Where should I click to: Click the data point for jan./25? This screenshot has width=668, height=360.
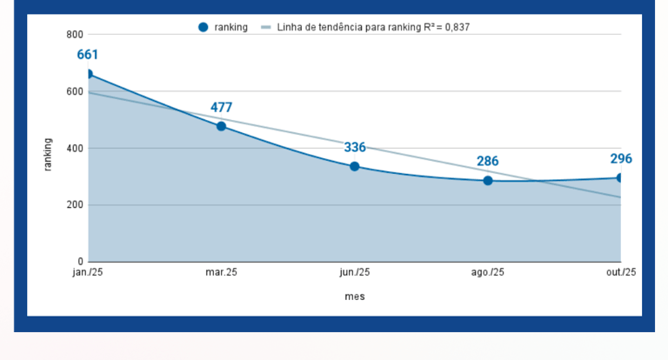[88, 74]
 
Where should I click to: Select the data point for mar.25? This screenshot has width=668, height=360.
[221, 126]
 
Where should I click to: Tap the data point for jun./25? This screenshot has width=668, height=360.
[354, 166]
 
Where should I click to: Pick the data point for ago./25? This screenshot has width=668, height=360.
[488, 181]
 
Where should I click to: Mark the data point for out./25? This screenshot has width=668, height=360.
[620, 177]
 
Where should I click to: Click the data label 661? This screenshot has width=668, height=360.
[88, 55]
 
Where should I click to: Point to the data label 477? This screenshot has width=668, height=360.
[221, 108]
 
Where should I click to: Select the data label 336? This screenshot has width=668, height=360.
[355, 147]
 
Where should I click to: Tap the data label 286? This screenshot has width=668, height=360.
[488, 162]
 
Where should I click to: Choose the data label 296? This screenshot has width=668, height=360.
[620, 159]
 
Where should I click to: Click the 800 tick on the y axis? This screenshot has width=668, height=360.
[74, 35]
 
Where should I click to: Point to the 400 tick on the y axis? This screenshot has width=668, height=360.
[74, 149]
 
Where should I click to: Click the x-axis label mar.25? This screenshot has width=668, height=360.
[221, 273]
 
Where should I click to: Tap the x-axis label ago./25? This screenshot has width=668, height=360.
[488, 273]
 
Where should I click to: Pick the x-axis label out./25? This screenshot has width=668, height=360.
[621, 273]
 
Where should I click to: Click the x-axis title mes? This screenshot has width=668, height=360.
[354, 297]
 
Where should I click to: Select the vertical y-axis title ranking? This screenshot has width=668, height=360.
[49, 154]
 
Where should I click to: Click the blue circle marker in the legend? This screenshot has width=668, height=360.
[204, 27]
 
